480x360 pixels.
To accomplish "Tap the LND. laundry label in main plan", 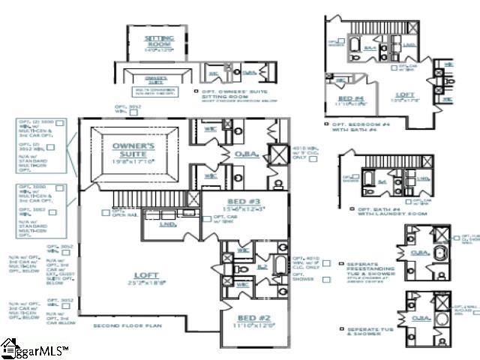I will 169,223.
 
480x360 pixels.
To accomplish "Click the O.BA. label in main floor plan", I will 247,155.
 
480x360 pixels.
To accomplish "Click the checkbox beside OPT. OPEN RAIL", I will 106,212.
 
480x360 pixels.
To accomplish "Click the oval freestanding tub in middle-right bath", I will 438,265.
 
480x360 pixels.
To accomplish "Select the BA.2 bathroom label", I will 262,266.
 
